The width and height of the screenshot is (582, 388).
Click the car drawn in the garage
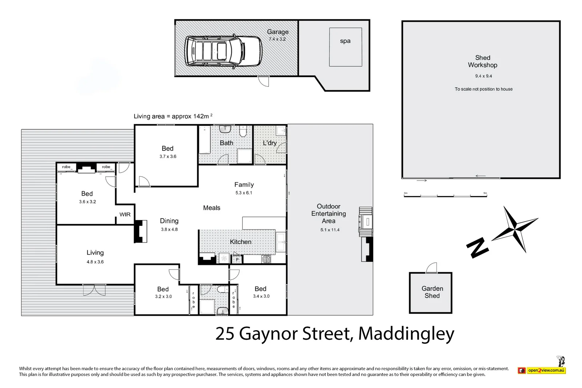(223, 51)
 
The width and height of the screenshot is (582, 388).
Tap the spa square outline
(345, 47)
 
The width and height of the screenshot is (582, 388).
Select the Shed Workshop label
(482, 61)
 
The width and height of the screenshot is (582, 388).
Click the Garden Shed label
(432, 292)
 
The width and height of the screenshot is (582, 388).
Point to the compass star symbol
(515, 229)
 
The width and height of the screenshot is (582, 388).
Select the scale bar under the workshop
(445, 196)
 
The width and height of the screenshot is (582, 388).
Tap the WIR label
(125, 215)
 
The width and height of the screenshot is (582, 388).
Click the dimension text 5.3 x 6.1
(244, 193)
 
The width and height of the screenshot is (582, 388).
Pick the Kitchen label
(240, 242)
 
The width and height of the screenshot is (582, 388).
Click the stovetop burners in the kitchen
(266, 259)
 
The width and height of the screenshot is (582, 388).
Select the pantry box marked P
(237, 259)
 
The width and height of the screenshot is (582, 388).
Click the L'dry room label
(270, 143)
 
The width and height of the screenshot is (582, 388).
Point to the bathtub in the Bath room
(204, 140)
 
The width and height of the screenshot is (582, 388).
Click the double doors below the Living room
(94, 290)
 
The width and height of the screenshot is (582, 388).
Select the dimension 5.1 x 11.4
(330, 230)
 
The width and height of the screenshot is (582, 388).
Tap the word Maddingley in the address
(406, 333)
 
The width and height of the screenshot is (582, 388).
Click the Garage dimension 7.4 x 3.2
(277, 39)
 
